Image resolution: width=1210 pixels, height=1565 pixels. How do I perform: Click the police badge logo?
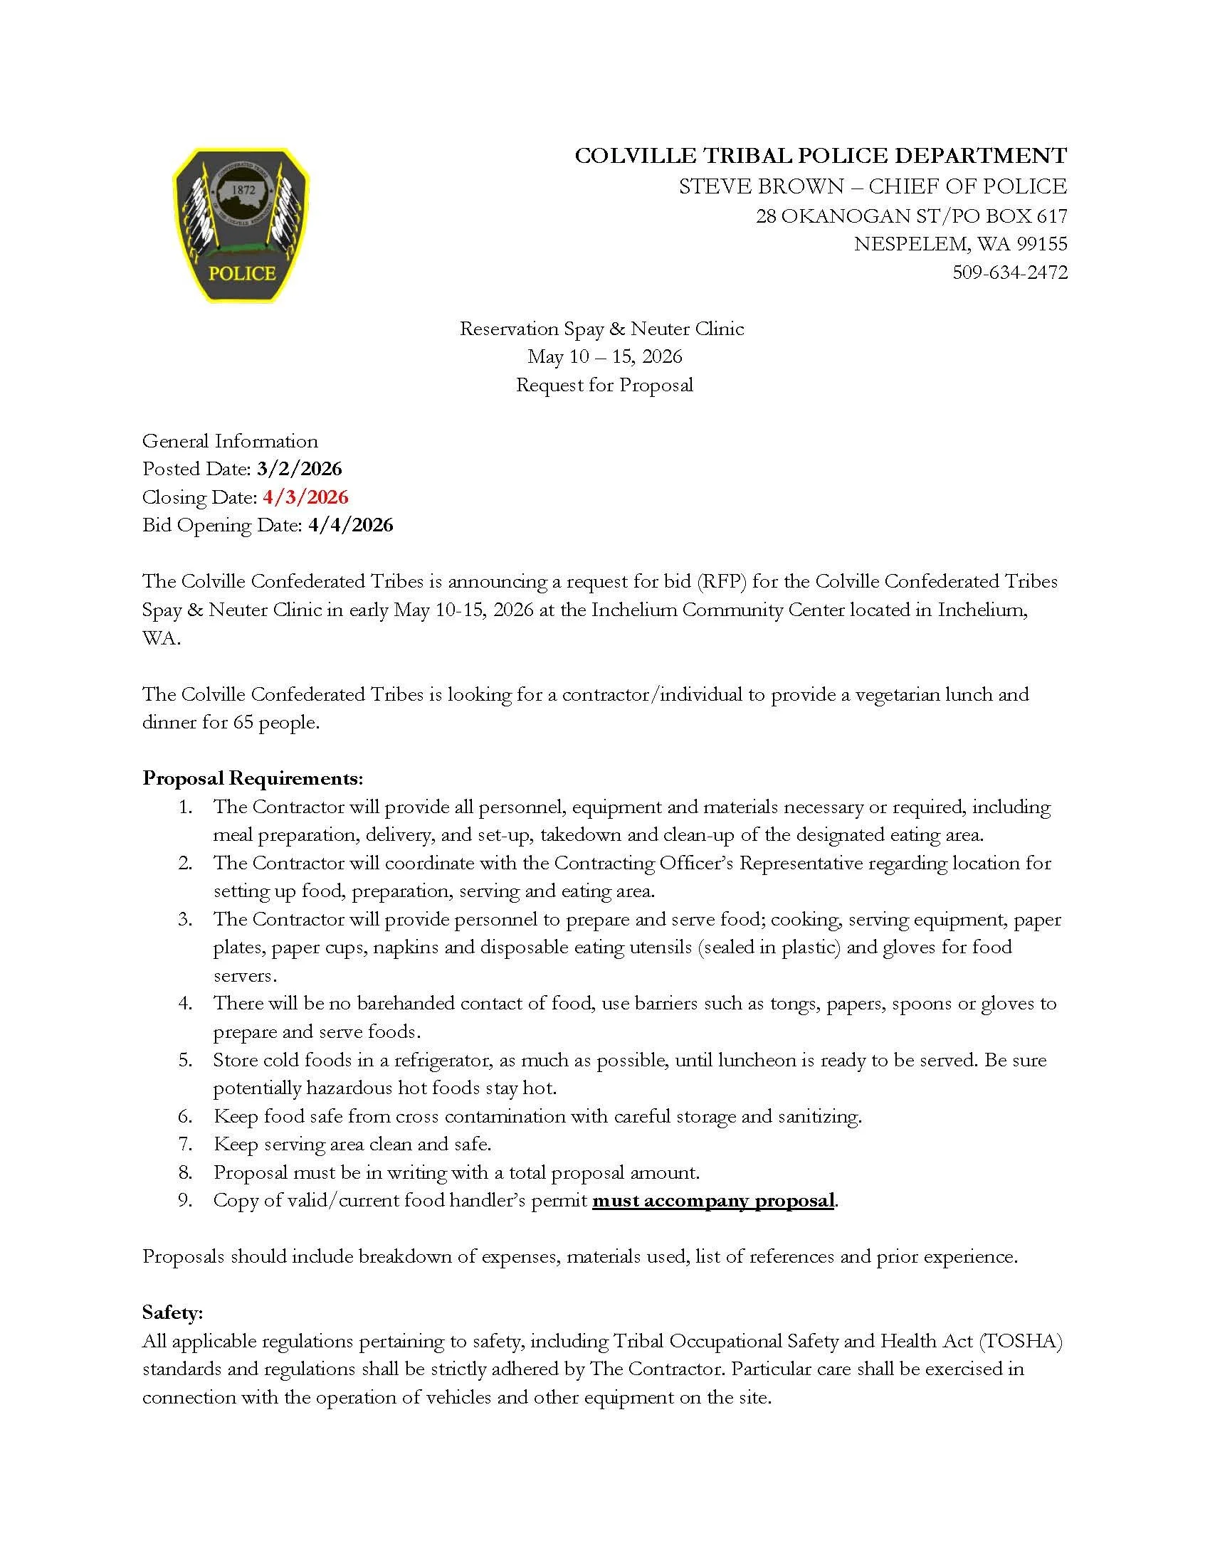241,224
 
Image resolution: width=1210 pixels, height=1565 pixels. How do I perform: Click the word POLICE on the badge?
241,273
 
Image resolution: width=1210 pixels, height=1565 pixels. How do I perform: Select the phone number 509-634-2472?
1009,272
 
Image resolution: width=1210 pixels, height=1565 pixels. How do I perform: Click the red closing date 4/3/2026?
305,497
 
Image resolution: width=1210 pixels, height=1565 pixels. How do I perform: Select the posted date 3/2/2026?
299,469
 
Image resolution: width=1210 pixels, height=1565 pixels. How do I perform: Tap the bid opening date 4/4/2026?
350,524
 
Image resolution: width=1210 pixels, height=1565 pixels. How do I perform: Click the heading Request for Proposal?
604,385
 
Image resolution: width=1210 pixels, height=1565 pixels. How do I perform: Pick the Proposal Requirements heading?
253,778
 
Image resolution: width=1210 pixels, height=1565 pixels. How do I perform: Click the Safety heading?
172,1312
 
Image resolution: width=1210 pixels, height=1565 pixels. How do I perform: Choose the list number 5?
185,1059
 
